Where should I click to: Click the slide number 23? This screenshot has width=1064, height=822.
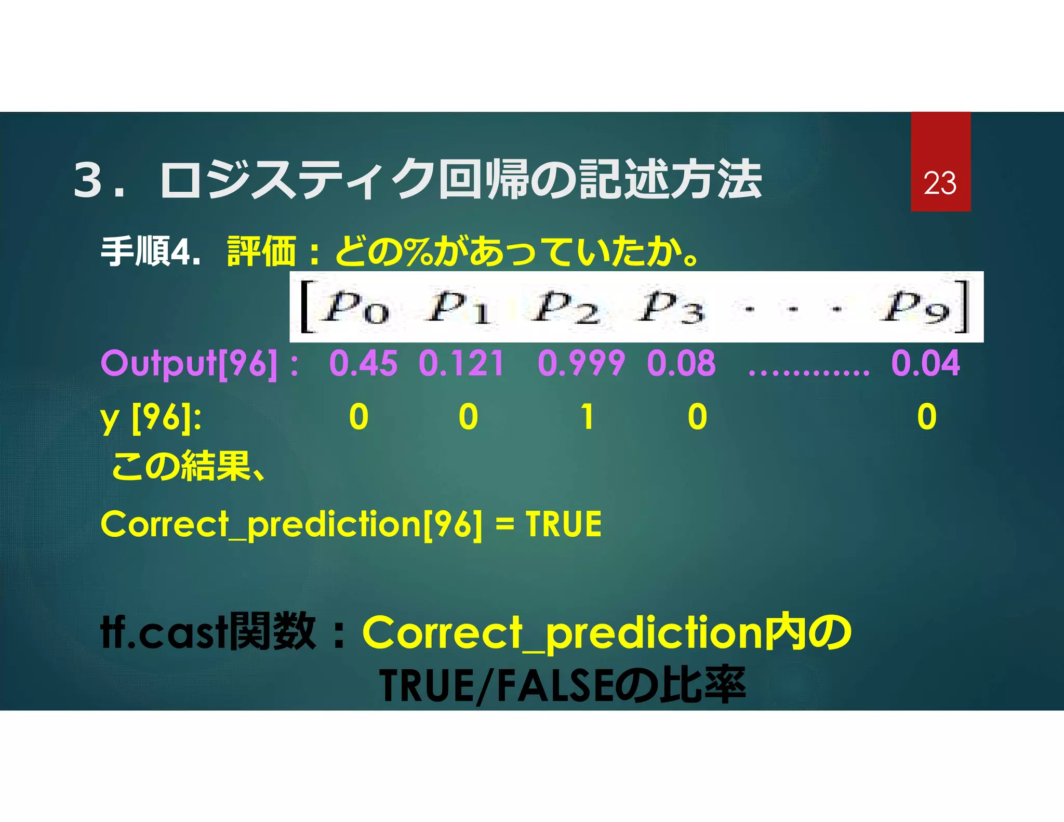(940, 183)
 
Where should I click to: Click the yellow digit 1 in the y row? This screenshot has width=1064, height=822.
(588, 417)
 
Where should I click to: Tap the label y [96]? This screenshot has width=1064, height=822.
(151, 418)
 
